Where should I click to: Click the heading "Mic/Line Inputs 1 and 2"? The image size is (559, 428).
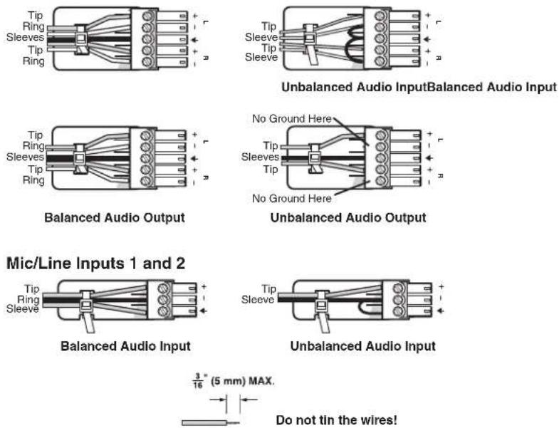click(x=96, y=263)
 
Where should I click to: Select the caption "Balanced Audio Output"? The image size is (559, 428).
click(x=115, y=218)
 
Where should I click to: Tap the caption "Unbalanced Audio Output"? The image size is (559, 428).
click(x=348, y=218)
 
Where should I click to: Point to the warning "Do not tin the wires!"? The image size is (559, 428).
click(x=337, y=419)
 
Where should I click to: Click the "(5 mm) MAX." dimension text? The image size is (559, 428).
click(x=242, y=381)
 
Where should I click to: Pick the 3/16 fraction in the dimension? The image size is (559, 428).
click(x=198, y=380)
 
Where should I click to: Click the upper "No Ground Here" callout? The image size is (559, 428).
click(x=292, y=118)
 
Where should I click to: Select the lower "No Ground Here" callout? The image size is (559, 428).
click(x=292, y=198)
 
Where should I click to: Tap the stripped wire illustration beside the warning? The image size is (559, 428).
click(x=210, y=423)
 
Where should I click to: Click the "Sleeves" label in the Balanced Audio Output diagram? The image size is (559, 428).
click(x=25, y=157)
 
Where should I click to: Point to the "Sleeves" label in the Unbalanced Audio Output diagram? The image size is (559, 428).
click(x=260, y=157)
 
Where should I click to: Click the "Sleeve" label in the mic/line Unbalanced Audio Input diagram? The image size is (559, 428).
click(x=258, y=300)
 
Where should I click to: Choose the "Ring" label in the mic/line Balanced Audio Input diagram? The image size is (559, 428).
click(x=28, y=299)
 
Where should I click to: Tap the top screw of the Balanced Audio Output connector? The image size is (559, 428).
click(x=145, y=135)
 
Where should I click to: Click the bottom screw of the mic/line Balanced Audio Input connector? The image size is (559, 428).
click(x=163, y=311)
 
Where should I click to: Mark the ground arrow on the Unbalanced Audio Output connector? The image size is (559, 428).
click(x=429, y=157)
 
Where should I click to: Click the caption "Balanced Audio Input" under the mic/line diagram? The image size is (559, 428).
click(x=125, y=346)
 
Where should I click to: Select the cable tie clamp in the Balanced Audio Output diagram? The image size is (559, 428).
click(x=80, y=159)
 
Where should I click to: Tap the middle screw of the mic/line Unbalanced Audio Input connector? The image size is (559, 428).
click(x=399, y=300)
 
